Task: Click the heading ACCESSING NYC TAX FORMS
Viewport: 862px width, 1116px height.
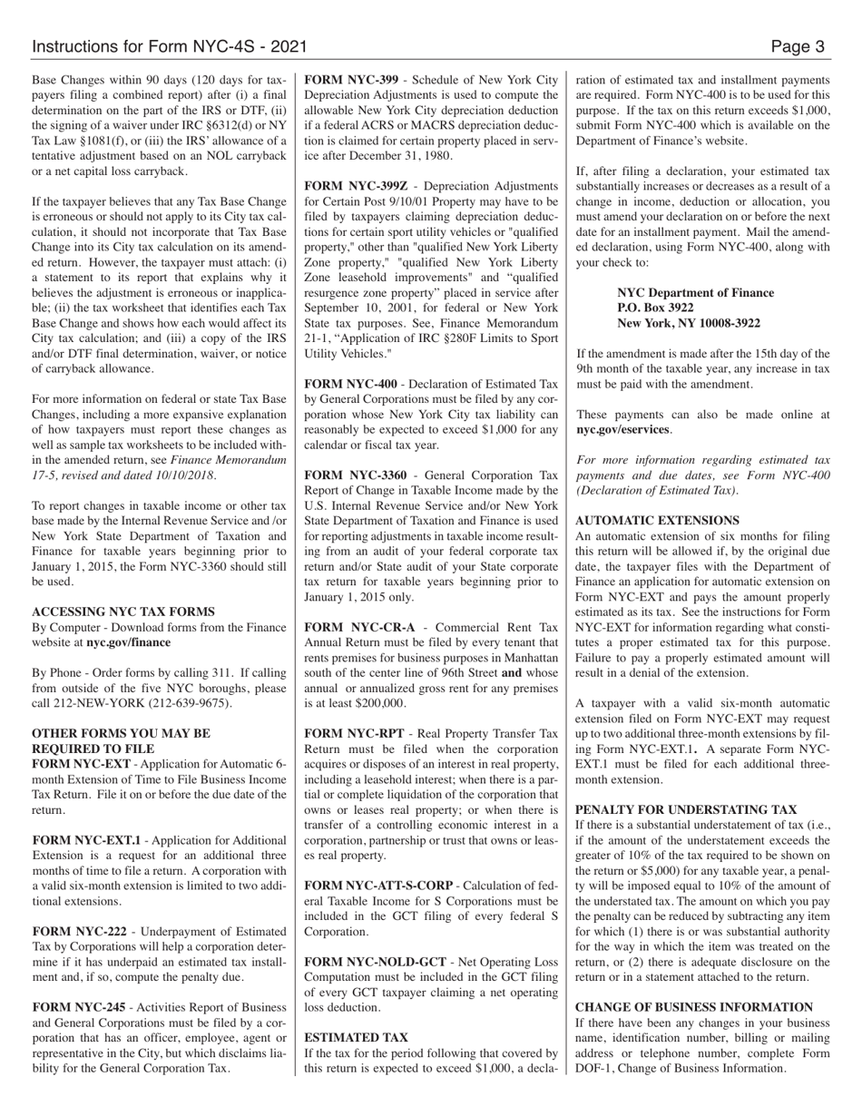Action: point(123,612)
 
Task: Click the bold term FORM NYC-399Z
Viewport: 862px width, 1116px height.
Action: point(356,185)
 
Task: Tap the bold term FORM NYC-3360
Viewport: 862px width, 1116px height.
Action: point(355,475)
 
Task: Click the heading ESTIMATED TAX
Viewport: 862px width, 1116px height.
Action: point(356,1037)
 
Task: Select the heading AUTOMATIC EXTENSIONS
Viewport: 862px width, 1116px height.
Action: point(657,521)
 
